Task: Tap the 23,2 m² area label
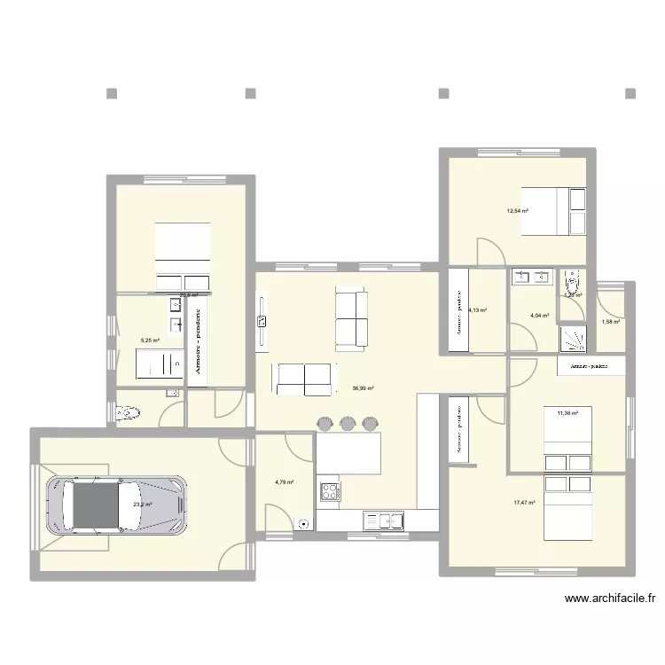[x=142, y=505]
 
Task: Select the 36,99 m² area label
[x=363, y=388]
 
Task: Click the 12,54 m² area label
[x=517, y=211]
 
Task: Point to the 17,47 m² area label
[x=525, y=503]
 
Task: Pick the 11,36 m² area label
[x=567, y=412]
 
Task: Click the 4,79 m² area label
[x=284, y=482]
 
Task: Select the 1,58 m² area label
[x=610, y=322]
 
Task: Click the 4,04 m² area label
[x=539, y=315]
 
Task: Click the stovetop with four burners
[x=330, y=491]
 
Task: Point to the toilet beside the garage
[x=127, y=411]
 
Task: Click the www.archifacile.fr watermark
[x=610, y=599]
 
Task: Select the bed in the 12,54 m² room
[x=552, y=210]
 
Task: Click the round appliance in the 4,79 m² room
[x=306, y=523]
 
